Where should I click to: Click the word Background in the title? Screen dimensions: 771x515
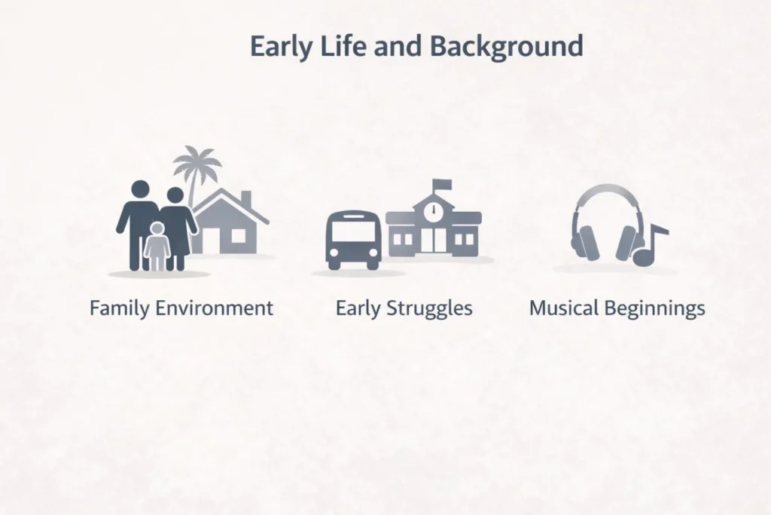[x=507, y=47]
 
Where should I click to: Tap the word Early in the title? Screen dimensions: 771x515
[x=282, y=47]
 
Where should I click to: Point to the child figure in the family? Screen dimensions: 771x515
[x=157, y=246]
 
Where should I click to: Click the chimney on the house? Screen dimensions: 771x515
[x=246, y=201]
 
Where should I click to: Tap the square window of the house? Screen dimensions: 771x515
[x=239, y=236]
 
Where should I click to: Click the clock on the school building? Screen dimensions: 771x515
[x=434, y=210]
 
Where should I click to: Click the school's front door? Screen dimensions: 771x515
[x=434, y=240]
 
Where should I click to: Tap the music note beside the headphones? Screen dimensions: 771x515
[x=650, y=245]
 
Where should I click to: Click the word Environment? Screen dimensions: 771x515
[x=215, y=308]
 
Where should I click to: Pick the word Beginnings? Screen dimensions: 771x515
[x=655, y=309]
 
